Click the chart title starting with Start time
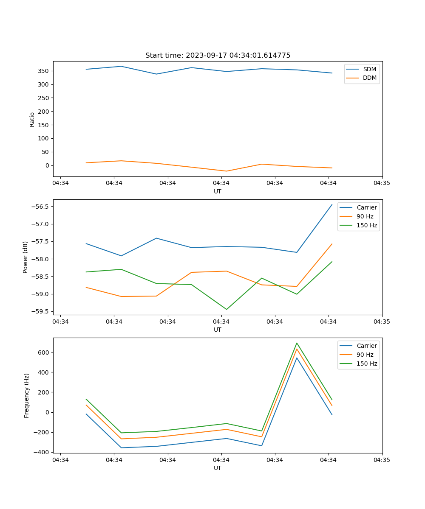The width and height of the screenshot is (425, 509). (x=218, y=56)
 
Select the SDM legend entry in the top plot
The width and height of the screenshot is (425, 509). (x=369, y=69)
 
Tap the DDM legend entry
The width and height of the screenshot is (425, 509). (x=369, y=78)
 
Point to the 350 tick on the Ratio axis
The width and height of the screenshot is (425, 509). (x=44, y=71)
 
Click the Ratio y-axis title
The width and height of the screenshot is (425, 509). (x=32, y=119)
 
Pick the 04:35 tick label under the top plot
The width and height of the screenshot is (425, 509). (x=382, y=183)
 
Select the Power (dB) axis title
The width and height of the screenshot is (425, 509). (x=26, y=257)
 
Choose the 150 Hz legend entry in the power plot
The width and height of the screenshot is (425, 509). (x=367, y=225)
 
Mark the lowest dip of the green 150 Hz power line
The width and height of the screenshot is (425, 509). (x=226, y=309)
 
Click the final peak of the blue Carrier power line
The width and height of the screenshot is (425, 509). (x=332, y=204)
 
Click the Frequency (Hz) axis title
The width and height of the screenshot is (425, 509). (x=27, y=395)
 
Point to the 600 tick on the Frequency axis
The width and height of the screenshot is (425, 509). (x=44, y=352)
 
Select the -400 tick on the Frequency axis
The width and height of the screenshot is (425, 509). (x=42, y=452)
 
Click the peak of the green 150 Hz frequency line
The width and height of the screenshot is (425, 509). (x=297, y=343)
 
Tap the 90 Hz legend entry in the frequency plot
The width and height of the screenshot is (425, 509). (x=365, y=355)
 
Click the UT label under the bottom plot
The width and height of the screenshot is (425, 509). (x=218, y=468)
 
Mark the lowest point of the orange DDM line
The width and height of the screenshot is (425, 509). (x=226, y=171)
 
